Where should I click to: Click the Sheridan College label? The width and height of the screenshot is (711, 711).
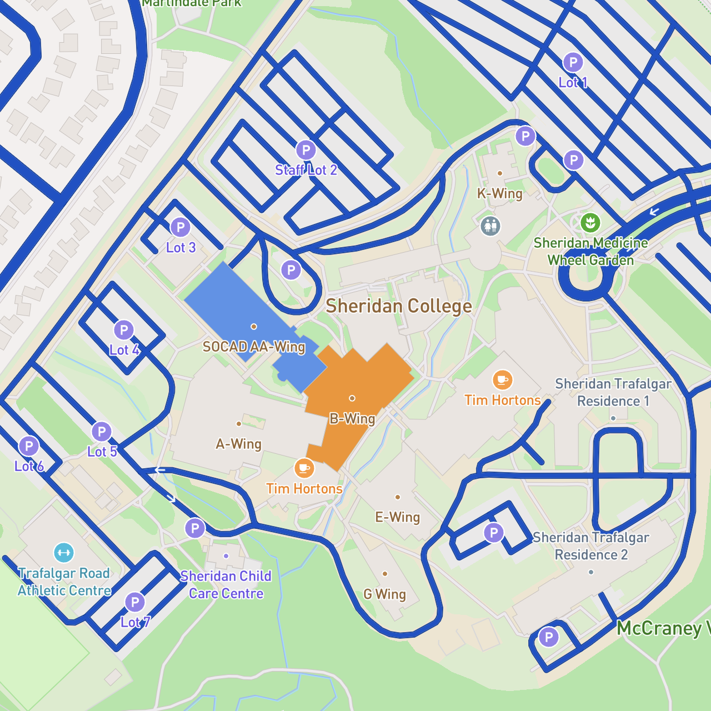pos(399,306)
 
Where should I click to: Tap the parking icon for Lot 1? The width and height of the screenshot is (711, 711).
pos(573,62)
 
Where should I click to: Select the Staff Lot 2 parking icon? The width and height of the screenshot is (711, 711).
pos(306,150)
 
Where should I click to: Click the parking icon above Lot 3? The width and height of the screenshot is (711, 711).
pos(180,227)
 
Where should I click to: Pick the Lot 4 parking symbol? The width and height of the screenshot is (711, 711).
pos(123,330)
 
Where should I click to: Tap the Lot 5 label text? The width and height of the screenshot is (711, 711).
pos(102,452)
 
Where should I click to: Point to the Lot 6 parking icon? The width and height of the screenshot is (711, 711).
pos(29,445)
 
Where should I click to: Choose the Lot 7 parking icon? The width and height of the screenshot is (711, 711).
pos(134,602)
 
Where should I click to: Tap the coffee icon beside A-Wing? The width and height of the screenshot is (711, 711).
pos(304,468)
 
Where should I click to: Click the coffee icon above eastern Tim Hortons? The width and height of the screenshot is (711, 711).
pos(502,380)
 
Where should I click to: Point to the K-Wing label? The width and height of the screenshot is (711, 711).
pos(500,193)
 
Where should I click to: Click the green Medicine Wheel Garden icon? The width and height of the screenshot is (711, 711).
pos(590,223)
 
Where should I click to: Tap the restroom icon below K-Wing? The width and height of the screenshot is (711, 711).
pos(490,226)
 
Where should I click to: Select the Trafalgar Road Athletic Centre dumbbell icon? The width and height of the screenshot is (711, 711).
pos(64,553)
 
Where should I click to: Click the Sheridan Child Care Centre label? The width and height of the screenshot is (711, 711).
pos(226,584)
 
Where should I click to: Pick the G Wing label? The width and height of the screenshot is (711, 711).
pos(385,594)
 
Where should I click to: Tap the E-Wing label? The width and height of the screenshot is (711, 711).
pos(398,517)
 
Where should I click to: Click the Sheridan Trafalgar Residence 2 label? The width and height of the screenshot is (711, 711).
pos(591,546)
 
